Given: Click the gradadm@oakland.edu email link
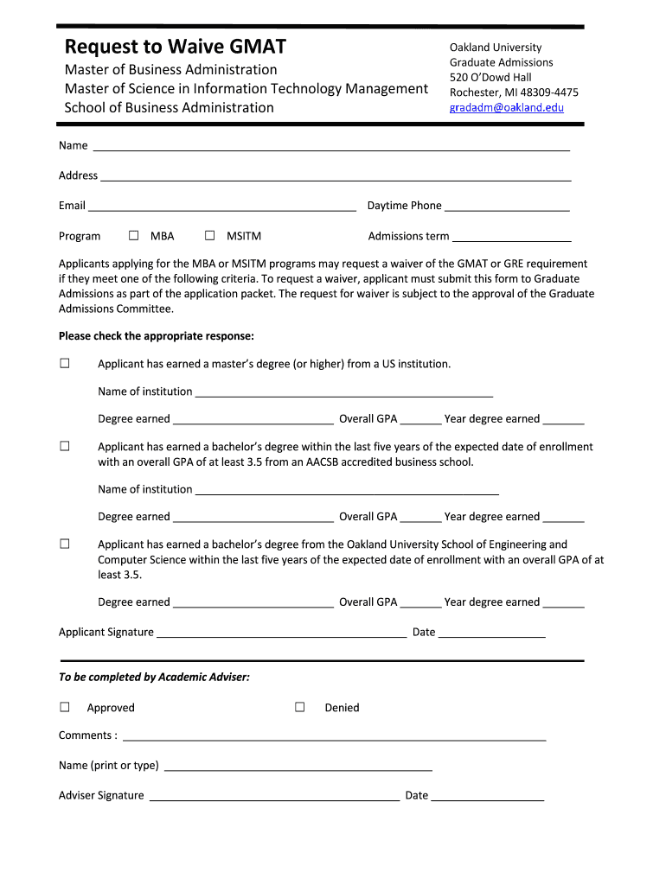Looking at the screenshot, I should click(506, 108).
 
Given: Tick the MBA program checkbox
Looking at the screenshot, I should click(134, 235).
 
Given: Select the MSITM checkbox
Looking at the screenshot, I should click(210, 235).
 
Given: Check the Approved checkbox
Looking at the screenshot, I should click(65, 707).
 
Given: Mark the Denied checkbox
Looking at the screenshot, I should click(300, 707).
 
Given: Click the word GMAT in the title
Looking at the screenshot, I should click(252, 47).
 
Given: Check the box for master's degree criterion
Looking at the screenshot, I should click(65, 363).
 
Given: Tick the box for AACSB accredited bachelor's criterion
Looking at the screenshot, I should click(65, 446).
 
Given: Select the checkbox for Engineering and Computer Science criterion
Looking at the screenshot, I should click(65, 544).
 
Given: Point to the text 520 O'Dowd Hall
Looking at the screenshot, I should click(490, 78).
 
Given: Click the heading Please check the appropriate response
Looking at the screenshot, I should click(156, 336).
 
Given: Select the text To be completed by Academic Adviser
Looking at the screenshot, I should click(154, 677).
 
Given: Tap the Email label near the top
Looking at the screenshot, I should click(72, 206).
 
